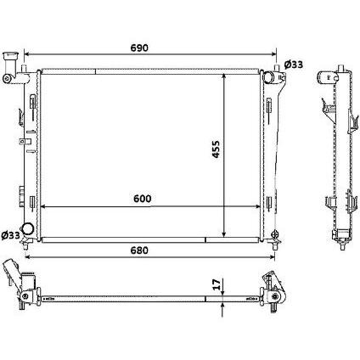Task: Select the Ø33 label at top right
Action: tap(293, 65)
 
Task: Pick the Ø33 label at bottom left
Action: tap(11, 235)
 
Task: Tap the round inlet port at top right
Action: tap(271, 77)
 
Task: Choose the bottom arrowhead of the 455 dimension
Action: tap(223, 234)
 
